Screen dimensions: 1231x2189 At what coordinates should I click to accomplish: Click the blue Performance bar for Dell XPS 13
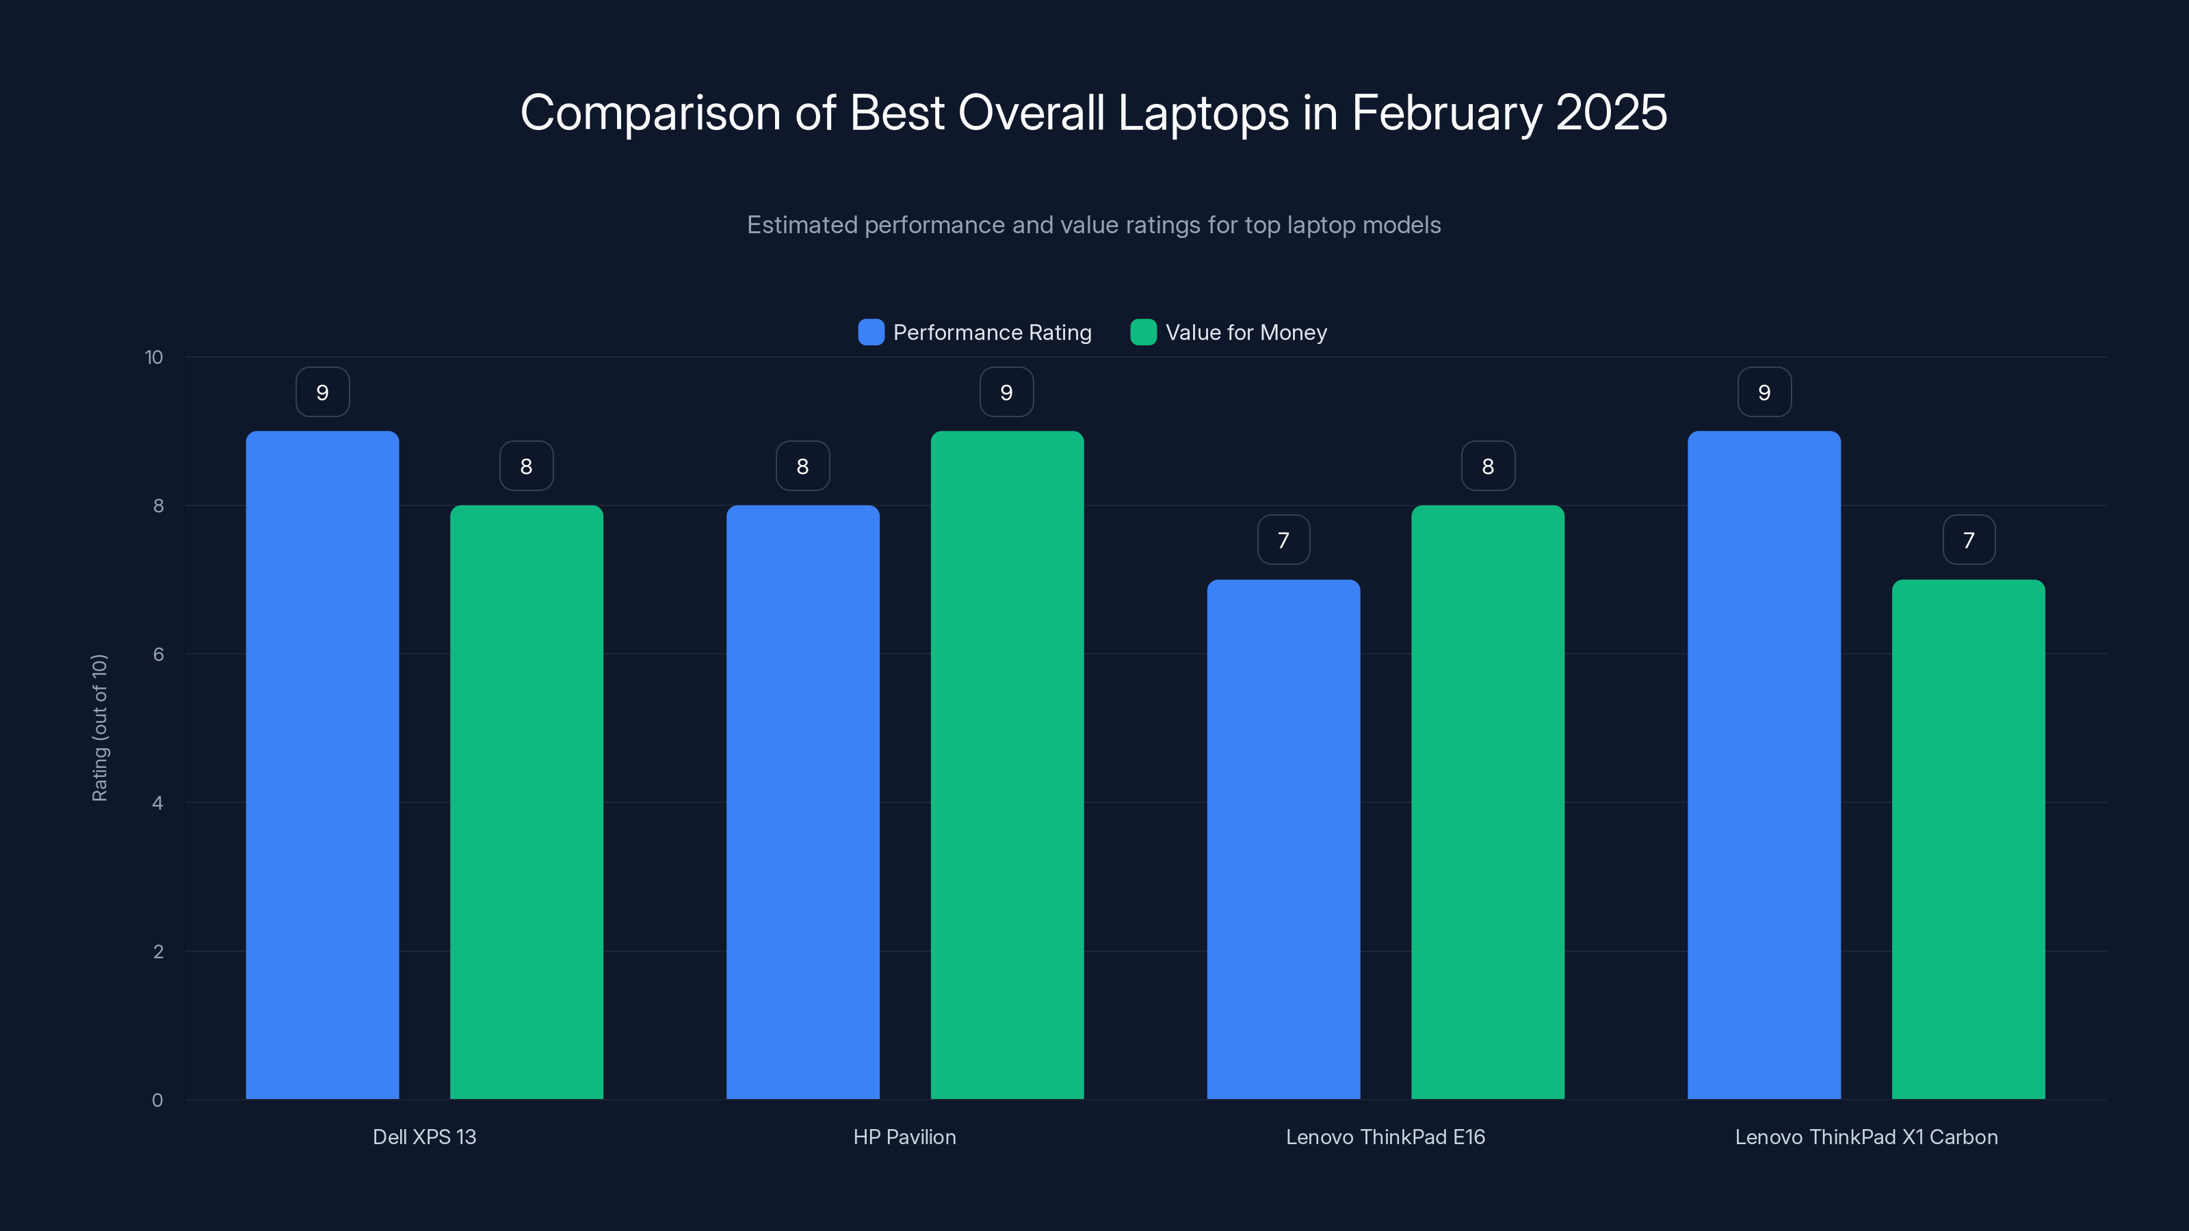click(x=322, y=765)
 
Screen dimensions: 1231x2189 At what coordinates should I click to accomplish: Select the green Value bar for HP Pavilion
click(x=1007, y=765)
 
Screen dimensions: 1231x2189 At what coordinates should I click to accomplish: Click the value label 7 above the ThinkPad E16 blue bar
click(x=1283, y=540)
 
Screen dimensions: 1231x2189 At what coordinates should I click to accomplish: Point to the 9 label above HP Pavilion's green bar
click(x=1006, y=392)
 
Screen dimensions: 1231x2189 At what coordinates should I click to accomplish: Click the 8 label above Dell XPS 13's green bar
click(x=526, y=466)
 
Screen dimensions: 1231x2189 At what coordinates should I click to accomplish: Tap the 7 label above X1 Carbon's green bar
click(x=1968, y=540)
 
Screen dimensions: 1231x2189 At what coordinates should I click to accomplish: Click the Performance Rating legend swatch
click(x=871, y=332)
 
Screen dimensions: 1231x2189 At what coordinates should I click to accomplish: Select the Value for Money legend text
click(x=1246, y=332)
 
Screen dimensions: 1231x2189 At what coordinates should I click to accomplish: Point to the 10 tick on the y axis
click(x=154, y=357)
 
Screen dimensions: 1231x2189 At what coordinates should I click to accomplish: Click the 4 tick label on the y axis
click(x=158, y=803)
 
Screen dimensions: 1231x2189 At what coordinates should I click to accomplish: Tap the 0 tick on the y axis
click(x=158, y=1100)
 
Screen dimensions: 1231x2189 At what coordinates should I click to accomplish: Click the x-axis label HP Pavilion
click(x=904, y=1137)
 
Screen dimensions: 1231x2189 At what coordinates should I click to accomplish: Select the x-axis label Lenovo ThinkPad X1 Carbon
click(x=1866, y=1137)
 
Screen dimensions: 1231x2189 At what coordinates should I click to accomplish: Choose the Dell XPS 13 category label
click(x=424, y=1137)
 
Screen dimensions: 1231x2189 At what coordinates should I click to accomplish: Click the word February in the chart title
click(x=1445, y=113)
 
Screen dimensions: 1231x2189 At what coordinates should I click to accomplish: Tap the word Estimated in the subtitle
click(x=801, y=225)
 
